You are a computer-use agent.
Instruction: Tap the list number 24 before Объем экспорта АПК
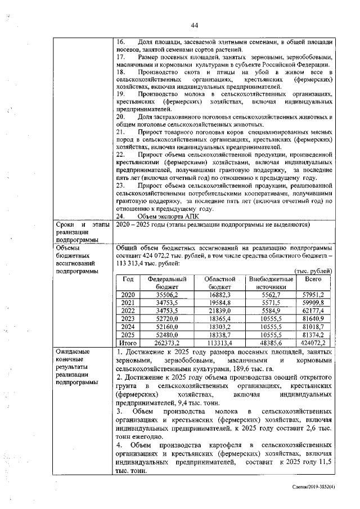[119, 215]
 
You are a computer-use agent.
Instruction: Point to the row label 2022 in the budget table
[128, 310]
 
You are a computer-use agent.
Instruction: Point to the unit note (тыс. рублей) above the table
[313, 271]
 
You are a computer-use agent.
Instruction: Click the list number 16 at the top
[119, 42]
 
